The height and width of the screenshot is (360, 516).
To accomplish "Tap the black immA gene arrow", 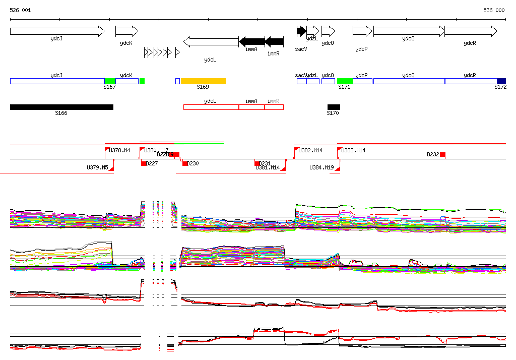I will (251, 41).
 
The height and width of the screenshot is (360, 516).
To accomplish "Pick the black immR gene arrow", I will (274, 41).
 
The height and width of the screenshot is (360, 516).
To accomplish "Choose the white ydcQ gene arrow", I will (409, 31).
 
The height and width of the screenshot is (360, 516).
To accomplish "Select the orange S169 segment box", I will (204, 81).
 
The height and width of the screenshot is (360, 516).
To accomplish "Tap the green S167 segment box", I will (110, 81).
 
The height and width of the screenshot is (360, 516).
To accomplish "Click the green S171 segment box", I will (345, 81).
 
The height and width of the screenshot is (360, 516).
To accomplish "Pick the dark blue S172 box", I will (501, 81).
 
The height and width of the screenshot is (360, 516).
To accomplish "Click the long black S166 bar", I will (61, 107).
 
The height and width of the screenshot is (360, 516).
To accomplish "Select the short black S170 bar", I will (334, 107).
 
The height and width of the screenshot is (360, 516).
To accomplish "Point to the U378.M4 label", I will (120, 151).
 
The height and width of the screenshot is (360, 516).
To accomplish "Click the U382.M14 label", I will (310, 151).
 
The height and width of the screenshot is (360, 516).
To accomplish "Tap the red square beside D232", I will (442, 154).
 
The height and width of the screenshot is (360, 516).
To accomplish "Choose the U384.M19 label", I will (321, 167).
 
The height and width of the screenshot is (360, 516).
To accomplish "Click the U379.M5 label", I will (97, 167).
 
